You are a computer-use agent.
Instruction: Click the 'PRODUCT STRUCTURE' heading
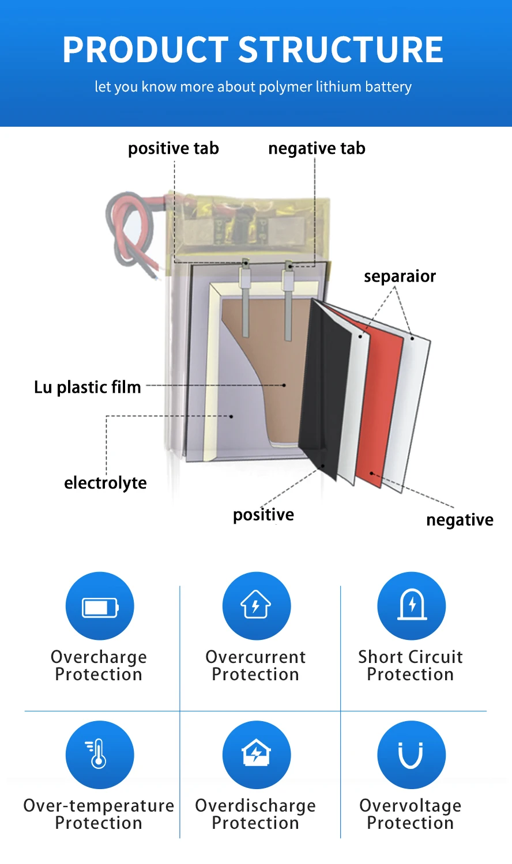tap(253, 50)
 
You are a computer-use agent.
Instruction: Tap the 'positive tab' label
tap(173, 149)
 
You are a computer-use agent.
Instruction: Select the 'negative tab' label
tap(317, 149)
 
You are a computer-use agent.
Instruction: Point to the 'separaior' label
tap(400, 276)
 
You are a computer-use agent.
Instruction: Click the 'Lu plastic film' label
tap(88, 387)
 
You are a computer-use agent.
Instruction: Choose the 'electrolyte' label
tap(106, 483)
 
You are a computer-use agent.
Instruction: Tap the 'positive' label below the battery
tap(263, 514)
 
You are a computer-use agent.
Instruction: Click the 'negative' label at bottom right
tap(460, 520)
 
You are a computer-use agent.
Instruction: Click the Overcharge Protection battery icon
tap(100, 607)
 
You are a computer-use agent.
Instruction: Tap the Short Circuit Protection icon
tap(412, 606)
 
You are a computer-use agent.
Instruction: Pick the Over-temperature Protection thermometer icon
tap(99, 755)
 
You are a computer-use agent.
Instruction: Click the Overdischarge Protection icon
tap(256, 755)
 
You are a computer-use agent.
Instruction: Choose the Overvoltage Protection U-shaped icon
tap(411, 755)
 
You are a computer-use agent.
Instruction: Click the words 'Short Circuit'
tap(411, 657)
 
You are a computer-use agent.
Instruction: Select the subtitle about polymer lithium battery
tap(253, 87)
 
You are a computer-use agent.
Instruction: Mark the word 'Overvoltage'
tap(411, 805)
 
